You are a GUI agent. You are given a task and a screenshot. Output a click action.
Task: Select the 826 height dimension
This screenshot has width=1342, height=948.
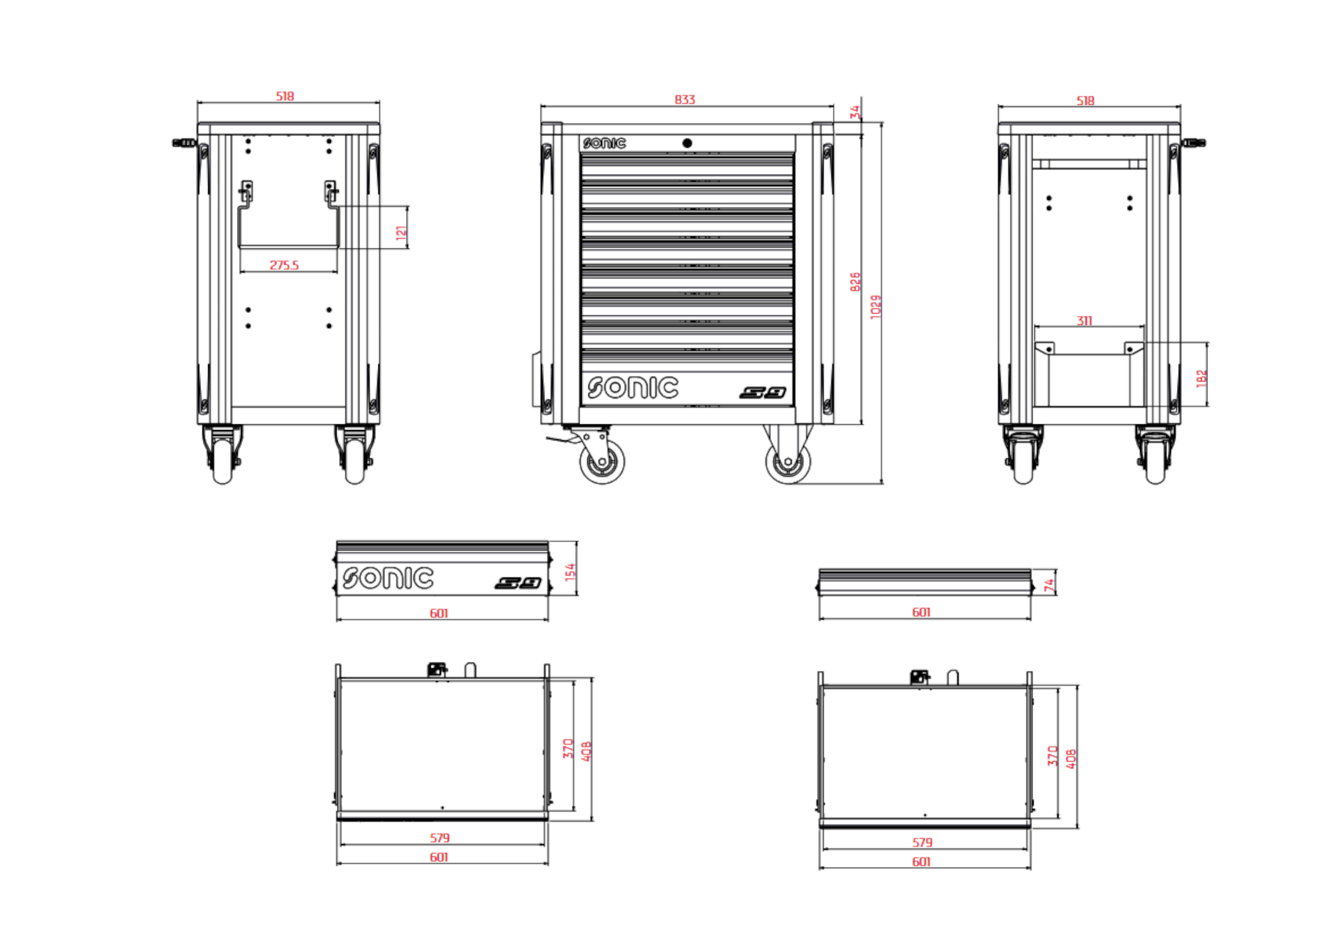coord(855,282)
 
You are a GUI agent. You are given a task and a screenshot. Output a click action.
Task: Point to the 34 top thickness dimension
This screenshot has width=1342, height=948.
coord(855,112)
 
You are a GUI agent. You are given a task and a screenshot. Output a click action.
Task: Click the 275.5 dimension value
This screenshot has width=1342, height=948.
coord(284,265)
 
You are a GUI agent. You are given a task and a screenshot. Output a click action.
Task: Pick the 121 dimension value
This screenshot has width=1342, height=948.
coord(401,232)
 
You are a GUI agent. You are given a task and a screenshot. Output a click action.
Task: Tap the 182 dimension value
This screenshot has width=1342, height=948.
coord(1202,378)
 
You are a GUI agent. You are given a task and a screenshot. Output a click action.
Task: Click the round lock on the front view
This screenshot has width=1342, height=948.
coord(687,143)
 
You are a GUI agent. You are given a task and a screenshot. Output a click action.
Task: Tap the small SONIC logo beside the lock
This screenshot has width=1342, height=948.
coord(604,143)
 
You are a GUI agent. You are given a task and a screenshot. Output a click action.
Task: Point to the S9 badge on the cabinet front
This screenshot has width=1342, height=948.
coord(763,393)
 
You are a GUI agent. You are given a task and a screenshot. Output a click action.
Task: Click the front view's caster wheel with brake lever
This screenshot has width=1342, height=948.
coord(601,461)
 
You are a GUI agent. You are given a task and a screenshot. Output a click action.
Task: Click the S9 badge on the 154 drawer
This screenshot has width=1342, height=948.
coord(518,583)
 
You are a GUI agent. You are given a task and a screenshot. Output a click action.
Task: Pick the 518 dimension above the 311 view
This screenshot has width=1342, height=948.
coord(1085,101)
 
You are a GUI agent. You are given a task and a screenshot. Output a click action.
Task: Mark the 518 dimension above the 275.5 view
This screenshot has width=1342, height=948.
coord(285,96)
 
